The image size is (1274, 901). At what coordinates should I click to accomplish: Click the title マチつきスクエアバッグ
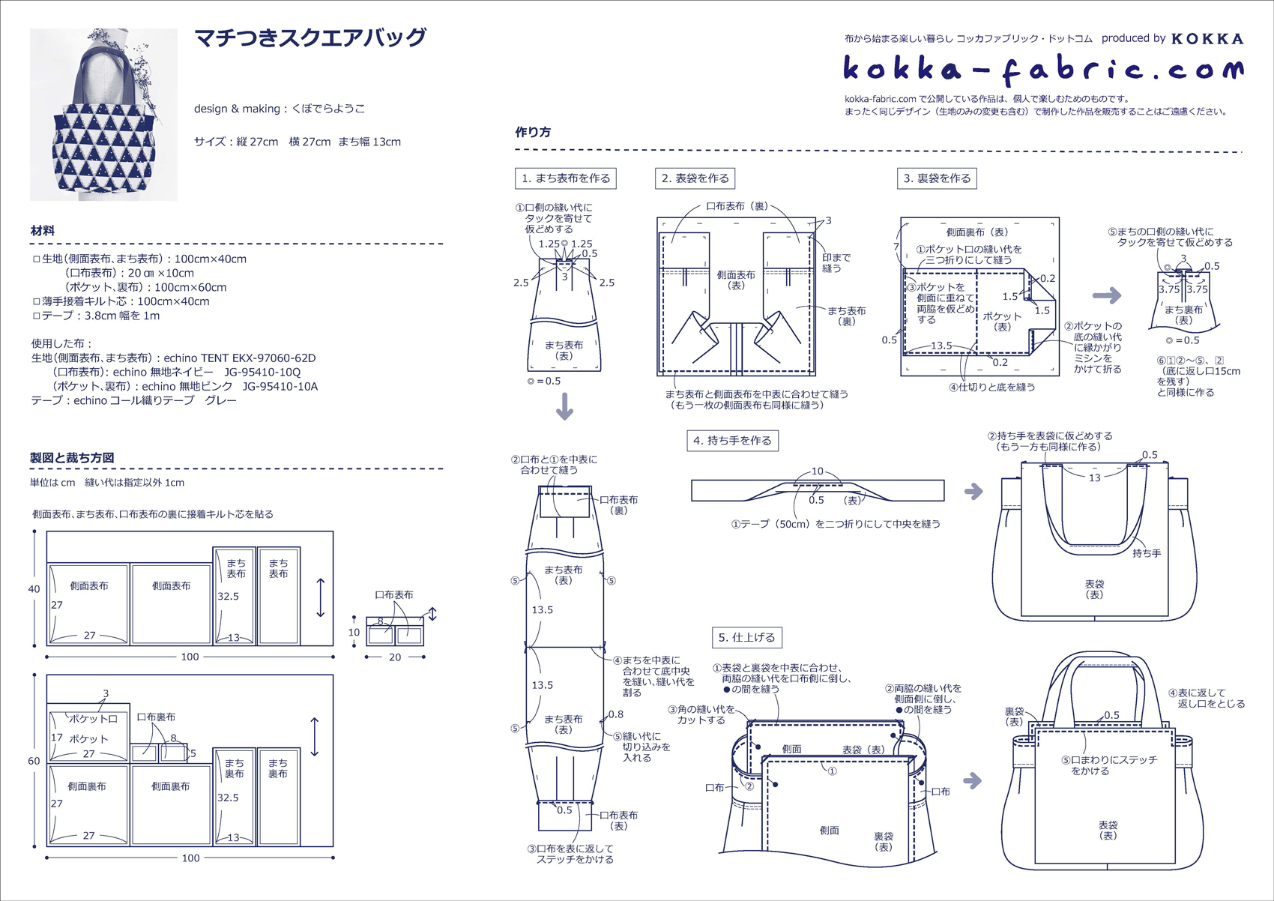[310, 38]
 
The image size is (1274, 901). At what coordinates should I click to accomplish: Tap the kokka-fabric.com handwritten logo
[1042, 70]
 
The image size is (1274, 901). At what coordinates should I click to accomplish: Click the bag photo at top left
[103, 115]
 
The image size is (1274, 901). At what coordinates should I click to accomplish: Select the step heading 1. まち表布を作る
[566, 178]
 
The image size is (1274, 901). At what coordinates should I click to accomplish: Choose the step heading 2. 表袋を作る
[695, 178]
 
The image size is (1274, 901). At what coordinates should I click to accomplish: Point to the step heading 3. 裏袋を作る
[937, 178]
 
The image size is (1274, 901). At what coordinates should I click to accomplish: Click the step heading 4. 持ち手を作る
[732, 441]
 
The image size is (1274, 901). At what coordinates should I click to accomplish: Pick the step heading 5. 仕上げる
[746, 638]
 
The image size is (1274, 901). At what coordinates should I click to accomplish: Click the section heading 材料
[43, 231]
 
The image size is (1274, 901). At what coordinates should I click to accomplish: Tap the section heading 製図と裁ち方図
[72, 458]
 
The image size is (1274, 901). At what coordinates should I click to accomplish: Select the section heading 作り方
[533, 133]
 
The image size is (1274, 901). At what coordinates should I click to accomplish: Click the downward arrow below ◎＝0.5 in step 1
[564, 406]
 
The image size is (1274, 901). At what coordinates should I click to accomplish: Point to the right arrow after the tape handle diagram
[973, 492]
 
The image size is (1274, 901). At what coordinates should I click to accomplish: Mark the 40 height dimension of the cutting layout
[34, 589]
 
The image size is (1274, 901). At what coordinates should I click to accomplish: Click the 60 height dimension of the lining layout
[34, 761]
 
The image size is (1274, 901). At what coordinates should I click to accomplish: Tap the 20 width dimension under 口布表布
[395, 657]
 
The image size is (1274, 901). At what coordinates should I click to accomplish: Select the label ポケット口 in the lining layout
[94, 718]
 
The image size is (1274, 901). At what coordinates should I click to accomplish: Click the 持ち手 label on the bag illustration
[1147, 553]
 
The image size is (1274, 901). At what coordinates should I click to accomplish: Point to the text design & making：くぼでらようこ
[280, 109]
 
